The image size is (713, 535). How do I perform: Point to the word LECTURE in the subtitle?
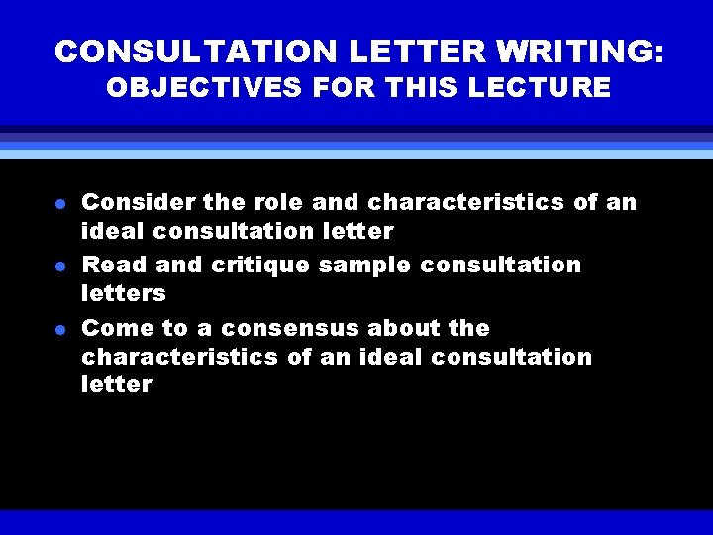(x=549, y=88)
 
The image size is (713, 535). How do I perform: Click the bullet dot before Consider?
(x=60, y=204)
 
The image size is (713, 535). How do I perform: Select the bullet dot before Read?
(x=60, y=267)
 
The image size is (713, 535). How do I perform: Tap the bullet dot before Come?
(x=60, y=329)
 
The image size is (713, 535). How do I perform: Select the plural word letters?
(x=123, y=294)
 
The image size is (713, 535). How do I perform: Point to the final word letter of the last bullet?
(x=117, y=385)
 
